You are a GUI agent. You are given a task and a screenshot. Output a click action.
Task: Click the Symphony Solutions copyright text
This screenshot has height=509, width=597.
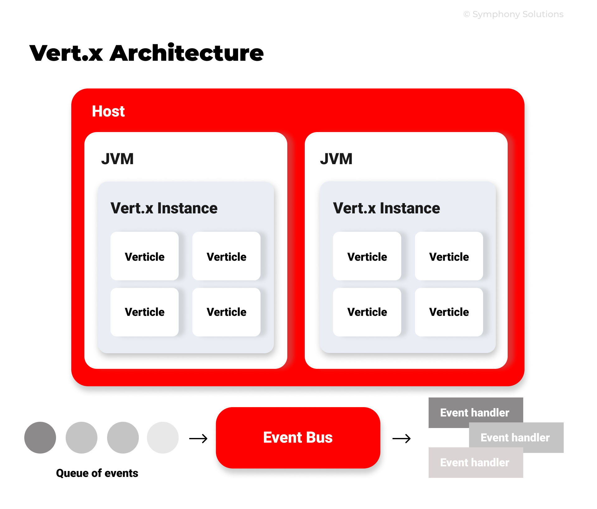coord(513,14)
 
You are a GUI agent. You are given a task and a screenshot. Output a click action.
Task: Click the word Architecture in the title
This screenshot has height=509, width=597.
coord(186,53)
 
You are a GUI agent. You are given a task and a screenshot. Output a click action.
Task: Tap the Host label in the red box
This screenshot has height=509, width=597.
coord(108,111)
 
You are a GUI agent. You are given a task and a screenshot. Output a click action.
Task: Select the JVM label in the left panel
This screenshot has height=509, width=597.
coord(117,159)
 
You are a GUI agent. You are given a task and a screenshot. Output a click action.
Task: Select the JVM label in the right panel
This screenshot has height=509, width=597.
coord(336,159)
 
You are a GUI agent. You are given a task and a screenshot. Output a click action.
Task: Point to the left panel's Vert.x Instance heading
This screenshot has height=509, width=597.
coord(164,208)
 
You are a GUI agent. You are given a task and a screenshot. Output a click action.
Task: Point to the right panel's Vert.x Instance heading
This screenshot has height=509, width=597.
coord(386,208)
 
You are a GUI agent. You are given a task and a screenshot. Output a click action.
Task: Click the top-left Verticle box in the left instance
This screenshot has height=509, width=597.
coord(144,256)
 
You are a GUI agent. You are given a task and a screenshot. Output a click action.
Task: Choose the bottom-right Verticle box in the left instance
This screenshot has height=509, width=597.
coord(226,312)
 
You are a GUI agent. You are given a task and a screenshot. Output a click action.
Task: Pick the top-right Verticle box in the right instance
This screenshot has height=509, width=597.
coord(449,256)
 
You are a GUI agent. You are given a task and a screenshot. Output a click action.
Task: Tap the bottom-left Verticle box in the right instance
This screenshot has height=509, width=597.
coord(367,312)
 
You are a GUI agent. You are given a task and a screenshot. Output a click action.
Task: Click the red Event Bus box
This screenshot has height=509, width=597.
coord(298,437)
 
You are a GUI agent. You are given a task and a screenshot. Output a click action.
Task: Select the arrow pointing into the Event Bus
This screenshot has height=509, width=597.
coord(198,439)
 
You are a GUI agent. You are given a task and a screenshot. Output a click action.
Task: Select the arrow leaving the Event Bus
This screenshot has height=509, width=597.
coord(402,439)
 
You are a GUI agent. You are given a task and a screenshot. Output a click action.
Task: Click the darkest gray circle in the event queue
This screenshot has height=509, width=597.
coord(40,437)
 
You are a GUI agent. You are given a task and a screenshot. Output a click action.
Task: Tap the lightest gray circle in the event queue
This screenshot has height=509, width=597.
coord(163,437)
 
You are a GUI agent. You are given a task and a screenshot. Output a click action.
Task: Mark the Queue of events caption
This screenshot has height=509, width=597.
coord(97,473)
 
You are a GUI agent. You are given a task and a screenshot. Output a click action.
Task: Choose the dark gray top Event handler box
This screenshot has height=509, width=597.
coord(475,412)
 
